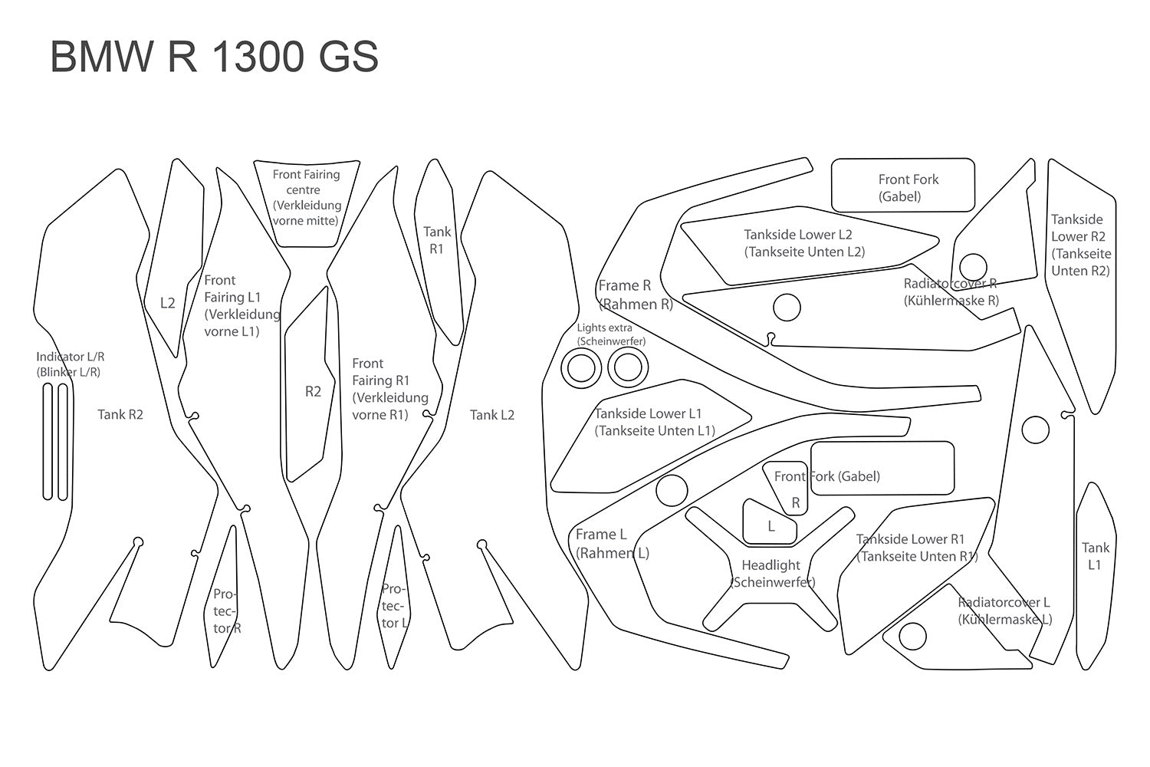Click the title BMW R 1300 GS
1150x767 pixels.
coord(214,57)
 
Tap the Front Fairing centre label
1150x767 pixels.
coord(306,197)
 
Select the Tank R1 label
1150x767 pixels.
coord(436,240)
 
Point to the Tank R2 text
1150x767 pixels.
coord(120,415)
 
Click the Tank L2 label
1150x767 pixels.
coord(491,415)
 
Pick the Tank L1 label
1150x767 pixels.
coord(1095,556)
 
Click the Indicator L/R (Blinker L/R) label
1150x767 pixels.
coord(70,364)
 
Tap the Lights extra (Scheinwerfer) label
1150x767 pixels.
coord(610,334)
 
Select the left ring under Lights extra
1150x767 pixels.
coord(582,369)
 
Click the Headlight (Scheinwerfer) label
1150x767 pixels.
coord(771,574)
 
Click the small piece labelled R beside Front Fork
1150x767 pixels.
coord(795,503)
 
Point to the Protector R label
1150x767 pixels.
coord(226,611)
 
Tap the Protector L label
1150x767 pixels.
coord(393,606)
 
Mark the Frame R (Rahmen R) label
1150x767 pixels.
coord(636,295)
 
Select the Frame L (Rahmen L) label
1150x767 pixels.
coord(612,544)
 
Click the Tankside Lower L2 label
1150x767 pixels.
coord(803,243)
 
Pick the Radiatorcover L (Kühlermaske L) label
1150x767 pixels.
coord(1004,611)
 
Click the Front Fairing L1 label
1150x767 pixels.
coord(241,306)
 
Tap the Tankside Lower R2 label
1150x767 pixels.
coord(1080,245)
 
